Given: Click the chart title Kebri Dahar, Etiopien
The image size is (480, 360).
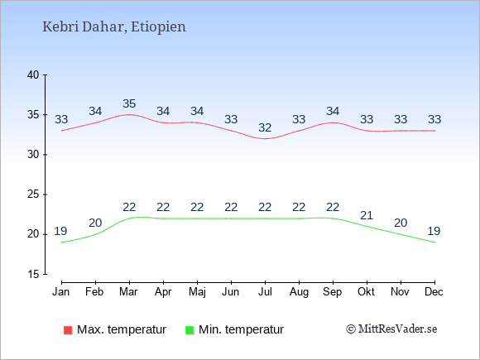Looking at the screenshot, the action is [x=114, y=27].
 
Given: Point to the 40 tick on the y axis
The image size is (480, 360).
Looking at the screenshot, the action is [x=33, y=74].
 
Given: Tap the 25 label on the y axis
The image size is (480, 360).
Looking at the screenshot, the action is [x=33, y=194].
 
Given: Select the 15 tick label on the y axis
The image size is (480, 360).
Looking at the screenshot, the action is [x=33, y=274].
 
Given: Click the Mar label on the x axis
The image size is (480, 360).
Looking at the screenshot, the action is [x=128, y=292].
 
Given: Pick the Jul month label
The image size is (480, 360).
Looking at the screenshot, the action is [x=265, y=292].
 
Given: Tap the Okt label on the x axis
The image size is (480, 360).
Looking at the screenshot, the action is [x=366, y=292].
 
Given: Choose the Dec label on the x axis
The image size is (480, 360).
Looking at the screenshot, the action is [x=434, y=292].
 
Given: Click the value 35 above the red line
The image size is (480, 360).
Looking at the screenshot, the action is [x=129, y=103].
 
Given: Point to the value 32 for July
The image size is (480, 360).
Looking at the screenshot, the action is [x=265, y=127].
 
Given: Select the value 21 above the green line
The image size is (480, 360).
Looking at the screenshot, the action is [x=367, y=215].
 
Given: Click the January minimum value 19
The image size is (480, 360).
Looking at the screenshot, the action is [x=60, y=231].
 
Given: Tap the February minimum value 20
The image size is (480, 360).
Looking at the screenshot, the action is [x=95, y=223].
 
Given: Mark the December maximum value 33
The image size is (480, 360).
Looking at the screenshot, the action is [x=434, y=119].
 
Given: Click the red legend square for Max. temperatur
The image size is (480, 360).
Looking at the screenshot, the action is [x=68, y=330].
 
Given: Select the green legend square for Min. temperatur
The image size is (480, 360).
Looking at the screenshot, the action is [x=190, y=330].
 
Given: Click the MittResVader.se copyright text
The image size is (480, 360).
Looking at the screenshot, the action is [x=391, y=329].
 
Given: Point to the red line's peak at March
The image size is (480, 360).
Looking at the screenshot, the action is [x=129, y=114].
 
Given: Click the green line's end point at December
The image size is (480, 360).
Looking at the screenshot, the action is [x=434, y=242].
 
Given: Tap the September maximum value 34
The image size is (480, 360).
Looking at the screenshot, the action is [x=333, y=111].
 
